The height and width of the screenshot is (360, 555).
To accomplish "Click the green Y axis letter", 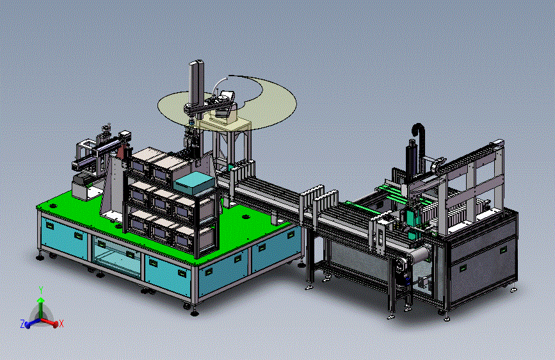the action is (41, 290).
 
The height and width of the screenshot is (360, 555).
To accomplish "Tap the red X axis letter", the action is (61, 323).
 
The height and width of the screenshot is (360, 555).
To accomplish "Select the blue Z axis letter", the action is (22, 323).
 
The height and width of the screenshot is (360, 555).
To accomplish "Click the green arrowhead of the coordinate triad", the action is (41, 300).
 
